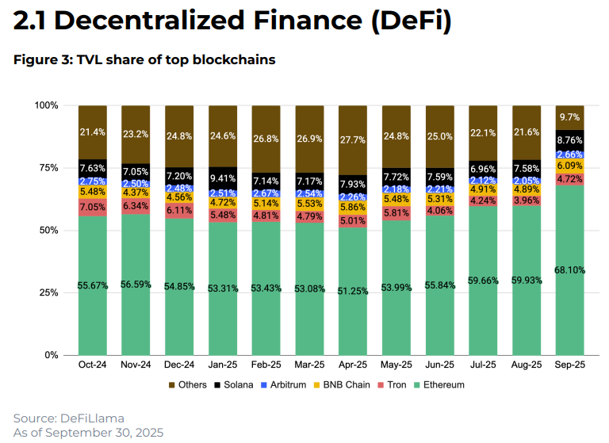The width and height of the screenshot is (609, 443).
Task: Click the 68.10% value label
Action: coord(569,270)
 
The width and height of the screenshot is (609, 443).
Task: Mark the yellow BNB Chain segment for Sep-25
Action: coord(569,166)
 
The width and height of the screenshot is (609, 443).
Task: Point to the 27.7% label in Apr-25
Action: coord(353,140)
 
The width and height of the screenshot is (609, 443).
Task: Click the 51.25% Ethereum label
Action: coord(353,291)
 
